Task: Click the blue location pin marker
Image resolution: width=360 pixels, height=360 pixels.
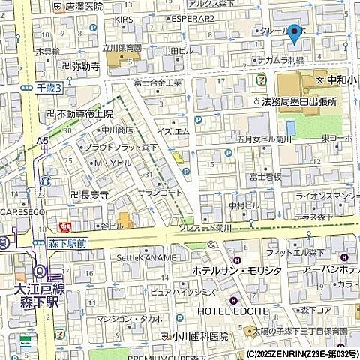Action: pyautogui.click(x=294, y=34)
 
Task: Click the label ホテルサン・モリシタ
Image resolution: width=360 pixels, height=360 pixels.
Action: pyautogui.click(x=239, y=270)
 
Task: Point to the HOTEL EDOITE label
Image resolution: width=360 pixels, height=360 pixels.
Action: pyautogui.click(x=233, y=310)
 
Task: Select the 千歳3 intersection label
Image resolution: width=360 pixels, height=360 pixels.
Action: pyautogui.click(x=49, y=88)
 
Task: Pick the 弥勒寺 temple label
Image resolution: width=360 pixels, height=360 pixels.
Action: pyautogui.click(x=80, y=66)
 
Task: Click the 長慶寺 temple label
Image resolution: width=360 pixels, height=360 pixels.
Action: pyautogui.click(x=91, y=195)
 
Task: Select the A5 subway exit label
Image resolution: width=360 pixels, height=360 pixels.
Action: pyautogui.click(x=43, y=140)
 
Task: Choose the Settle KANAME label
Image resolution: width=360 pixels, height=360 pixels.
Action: pyautogui.click(x=146, y=257)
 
